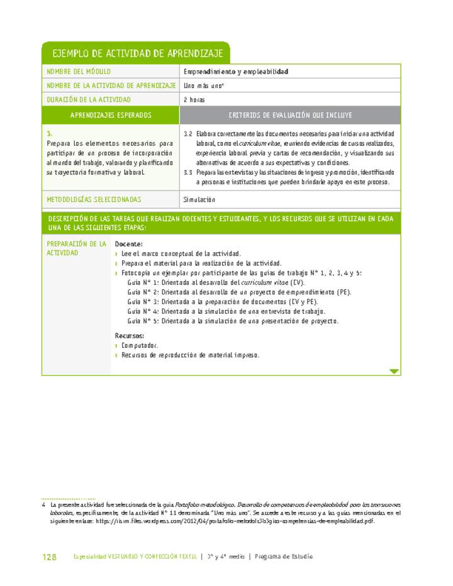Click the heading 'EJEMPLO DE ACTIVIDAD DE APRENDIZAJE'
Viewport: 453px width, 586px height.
click(x=135, y=53)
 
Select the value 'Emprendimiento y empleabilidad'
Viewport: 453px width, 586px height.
click(x=236, y=72)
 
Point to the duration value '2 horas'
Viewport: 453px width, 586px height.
click(x=194, y=99)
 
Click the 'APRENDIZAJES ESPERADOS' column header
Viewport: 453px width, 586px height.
click(x=111, y=116)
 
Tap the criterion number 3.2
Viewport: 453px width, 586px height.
click(x=187, y=134)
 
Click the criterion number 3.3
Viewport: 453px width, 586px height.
click(x=187, y=172)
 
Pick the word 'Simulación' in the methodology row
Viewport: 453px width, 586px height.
click(x=199, y=199)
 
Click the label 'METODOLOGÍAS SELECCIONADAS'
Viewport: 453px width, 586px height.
click(x=94, y=199)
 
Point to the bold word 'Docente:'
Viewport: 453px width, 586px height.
click(x=129, y=244)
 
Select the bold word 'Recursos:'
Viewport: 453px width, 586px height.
click(x=130, y=336)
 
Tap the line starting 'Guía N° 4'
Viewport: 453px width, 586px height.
click(x=226, y=311)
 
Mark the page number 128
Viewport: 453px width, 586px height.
click(x=49, y=557)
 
